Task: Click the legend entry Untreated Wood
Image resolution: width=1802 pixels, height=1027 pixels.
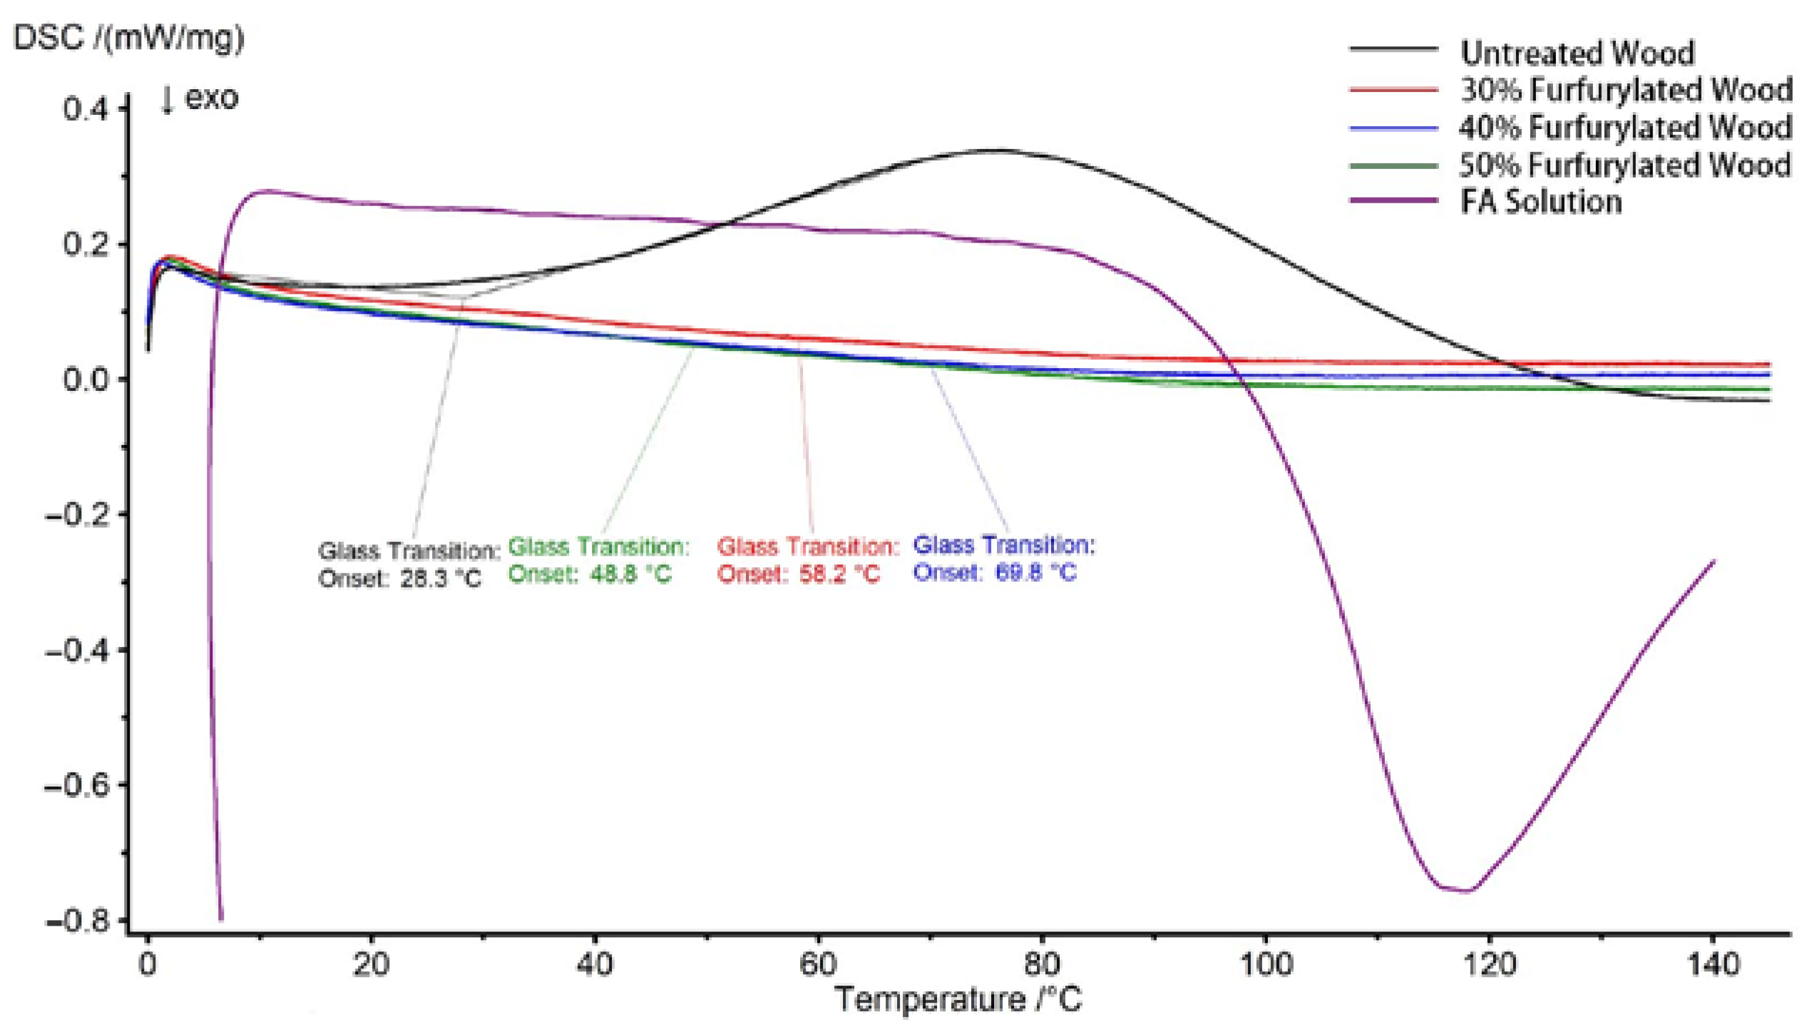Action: (x=1577, y=53)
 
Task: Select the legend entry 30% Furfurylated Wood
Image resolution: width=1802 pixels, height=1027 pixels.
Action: (x=1625, y=90)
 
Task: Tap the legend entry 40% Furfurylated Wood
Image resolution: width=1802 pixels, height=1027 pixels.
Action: (x=1625, y=128)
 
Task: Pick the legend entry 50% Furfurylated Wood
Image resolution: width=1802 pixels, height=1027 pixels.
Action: (x=1625, y=165)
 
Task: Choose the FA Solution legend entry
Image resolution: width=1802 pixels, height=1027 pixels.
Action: (x=1541, y=202)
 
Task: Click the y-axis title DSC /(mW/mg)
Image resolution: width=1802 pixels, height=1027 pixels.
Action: (x=129, y=37)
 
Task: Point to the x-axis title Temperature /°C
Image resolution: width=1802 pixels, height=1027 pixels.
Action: (x=958, y=999)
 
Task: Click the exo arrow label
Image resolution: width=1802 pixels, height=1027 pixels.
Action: (x=200, y=98)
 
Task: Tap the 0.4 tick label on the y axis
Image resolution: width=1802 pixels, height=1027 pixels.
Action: (x=85, y=109)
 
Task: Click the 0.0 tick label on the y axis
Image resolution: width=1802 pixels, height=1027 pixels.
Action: (x=85, y=379)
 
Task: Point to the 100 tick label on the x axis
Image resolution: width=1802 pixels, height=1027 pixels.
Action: (x=1266, y=964)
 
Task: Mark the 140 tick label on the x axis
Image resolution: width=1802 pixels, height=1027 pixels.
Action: (x=1713, y=964)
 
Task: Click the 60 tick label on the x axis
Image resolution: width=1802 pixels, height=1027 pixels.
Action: (x=818, y=964)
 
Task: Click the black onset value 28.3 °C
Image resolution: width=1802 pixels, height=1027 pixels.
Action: (x=440, y=578)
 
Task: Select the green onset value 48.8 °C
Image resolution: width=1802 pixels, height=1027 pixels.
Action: (x=630, y=574)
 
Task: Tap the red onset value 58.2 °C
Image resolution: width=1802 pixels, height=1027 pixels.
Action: (x=839, y=574)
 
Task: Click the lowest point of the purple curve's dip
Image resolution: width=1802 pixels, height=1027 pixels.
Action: (x=1465, y=891)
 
